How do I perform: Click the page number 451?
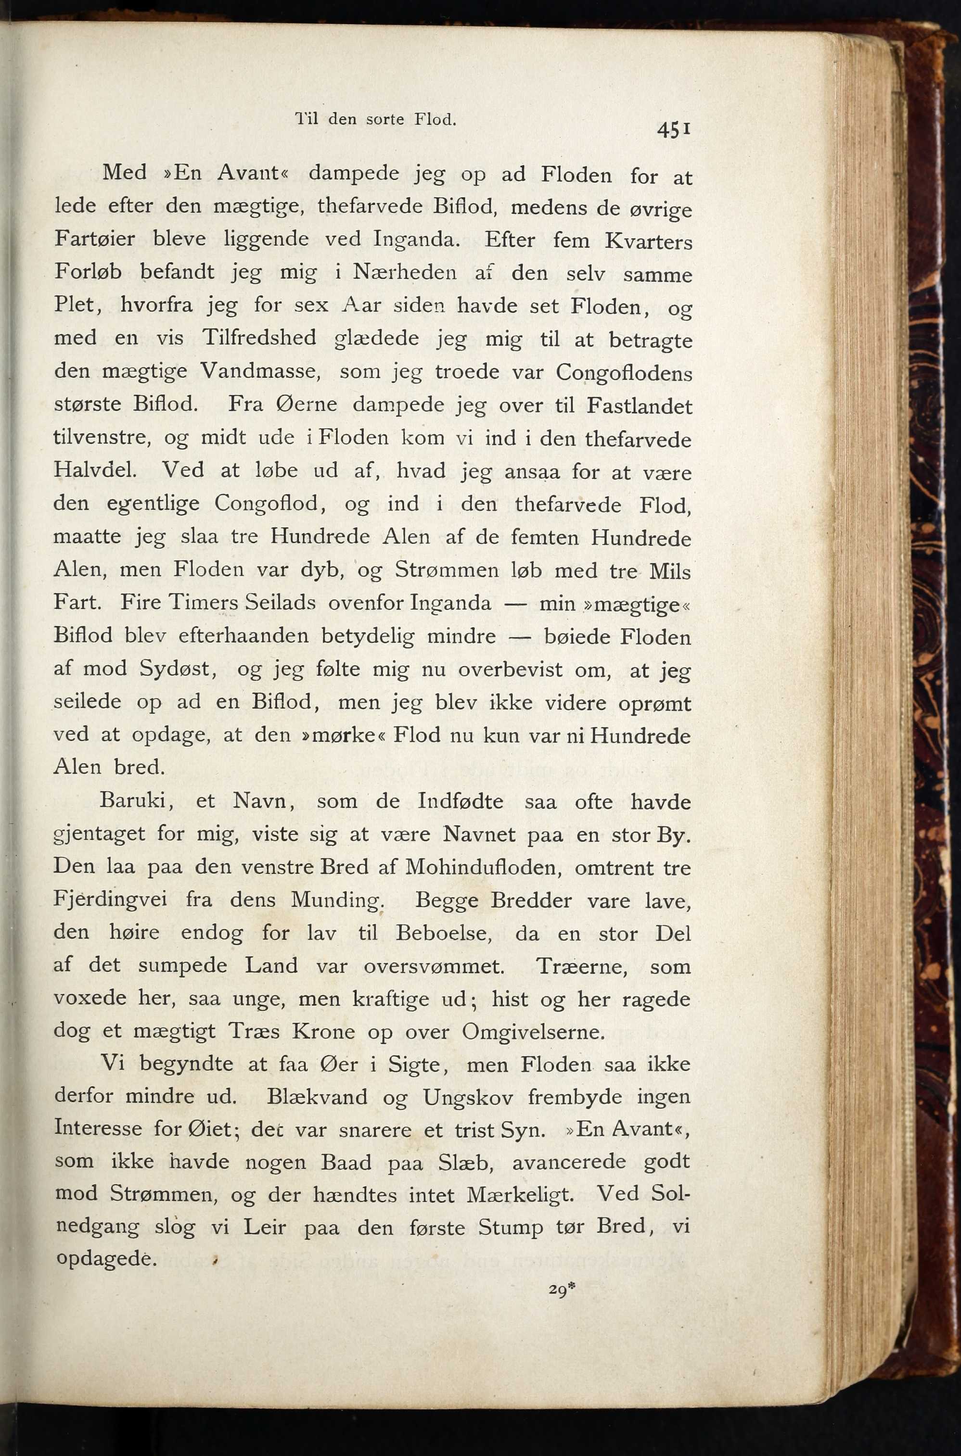coord(674,130)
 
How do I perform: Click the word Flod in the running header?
coord(435,119)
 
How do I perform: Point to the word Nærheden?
coord(405,272)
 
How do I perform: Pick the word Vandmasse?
coord(260,370)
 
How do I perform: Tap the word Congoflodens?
coord(624,373)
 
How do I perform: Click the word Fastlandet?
coord(639,406)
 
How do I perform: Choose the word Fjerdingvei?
coord(110,900)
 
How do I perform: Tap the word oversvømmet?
coord(434,966)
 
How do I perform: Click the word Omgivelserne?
coord(533,1032)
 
